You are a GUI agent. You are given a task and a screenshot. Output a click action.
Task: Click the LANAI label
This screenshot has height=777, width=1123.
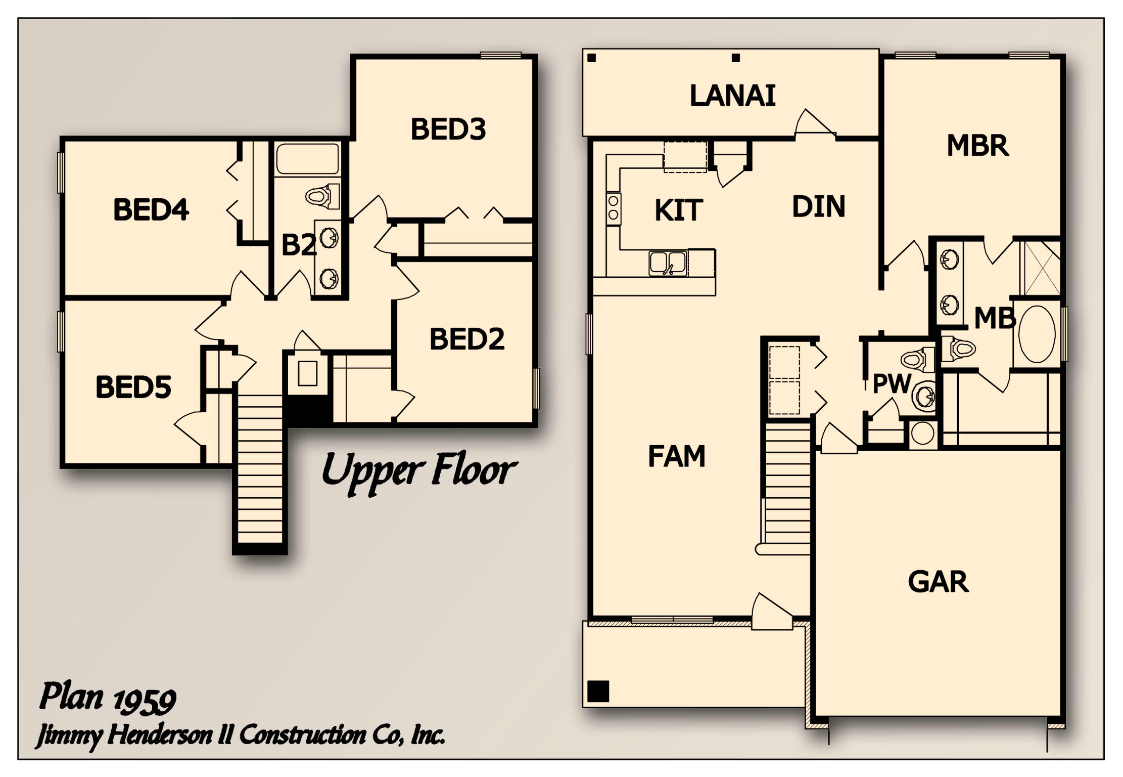coord(732,96)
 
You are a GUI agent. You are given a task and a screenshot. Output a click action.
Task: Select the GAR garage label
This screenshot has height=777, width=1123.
coord(938,582)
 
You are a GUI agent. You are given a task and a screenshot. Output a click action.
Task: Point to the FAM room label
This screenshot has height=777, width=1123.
coord(676,456)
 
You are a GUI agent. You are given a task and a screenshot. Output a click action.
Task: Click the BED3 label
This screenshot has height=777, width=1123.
coord(448,129)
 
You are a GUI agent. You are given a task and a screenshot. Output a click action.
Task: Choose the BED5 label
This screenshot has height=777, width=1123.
coord(133,387)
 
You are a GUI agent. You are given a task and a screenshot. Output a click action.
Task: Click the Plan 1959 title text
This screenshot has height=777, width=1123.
coord(108,698)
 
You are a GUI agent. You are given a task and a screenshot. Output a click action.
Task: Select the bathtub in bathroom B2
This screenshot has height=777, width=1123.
coord(307,159)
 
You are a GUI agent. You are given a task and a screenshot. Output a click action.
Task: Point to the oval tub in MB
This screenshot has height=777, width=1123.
coord(1037,334)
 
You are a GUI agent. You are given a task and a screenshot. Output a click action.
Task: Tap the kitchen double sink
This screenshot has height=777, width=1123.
coord(667,264)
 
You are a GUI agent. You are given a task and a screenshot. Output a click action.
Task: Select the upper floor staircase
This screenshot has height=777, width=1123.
coord(260,470)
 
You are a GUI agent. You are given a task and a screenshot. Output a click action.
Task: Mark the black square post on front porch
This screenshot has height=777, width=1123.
coord(598,691)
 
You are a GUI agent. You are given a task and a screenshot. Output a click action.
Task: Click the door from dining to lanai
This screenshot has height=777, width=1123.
coord(814,124)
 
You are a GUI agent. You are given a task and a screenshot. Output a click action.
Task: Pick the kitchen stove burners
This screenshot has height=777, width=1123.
coord(613,207)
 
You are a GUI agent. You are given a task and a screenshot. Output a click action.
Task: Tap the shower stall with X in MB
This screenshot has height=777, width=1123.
coord(1041,269)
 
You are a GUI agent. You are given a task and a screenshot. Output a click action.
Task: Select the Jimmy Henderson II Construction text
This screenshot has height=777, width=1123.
coord(240,735)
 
